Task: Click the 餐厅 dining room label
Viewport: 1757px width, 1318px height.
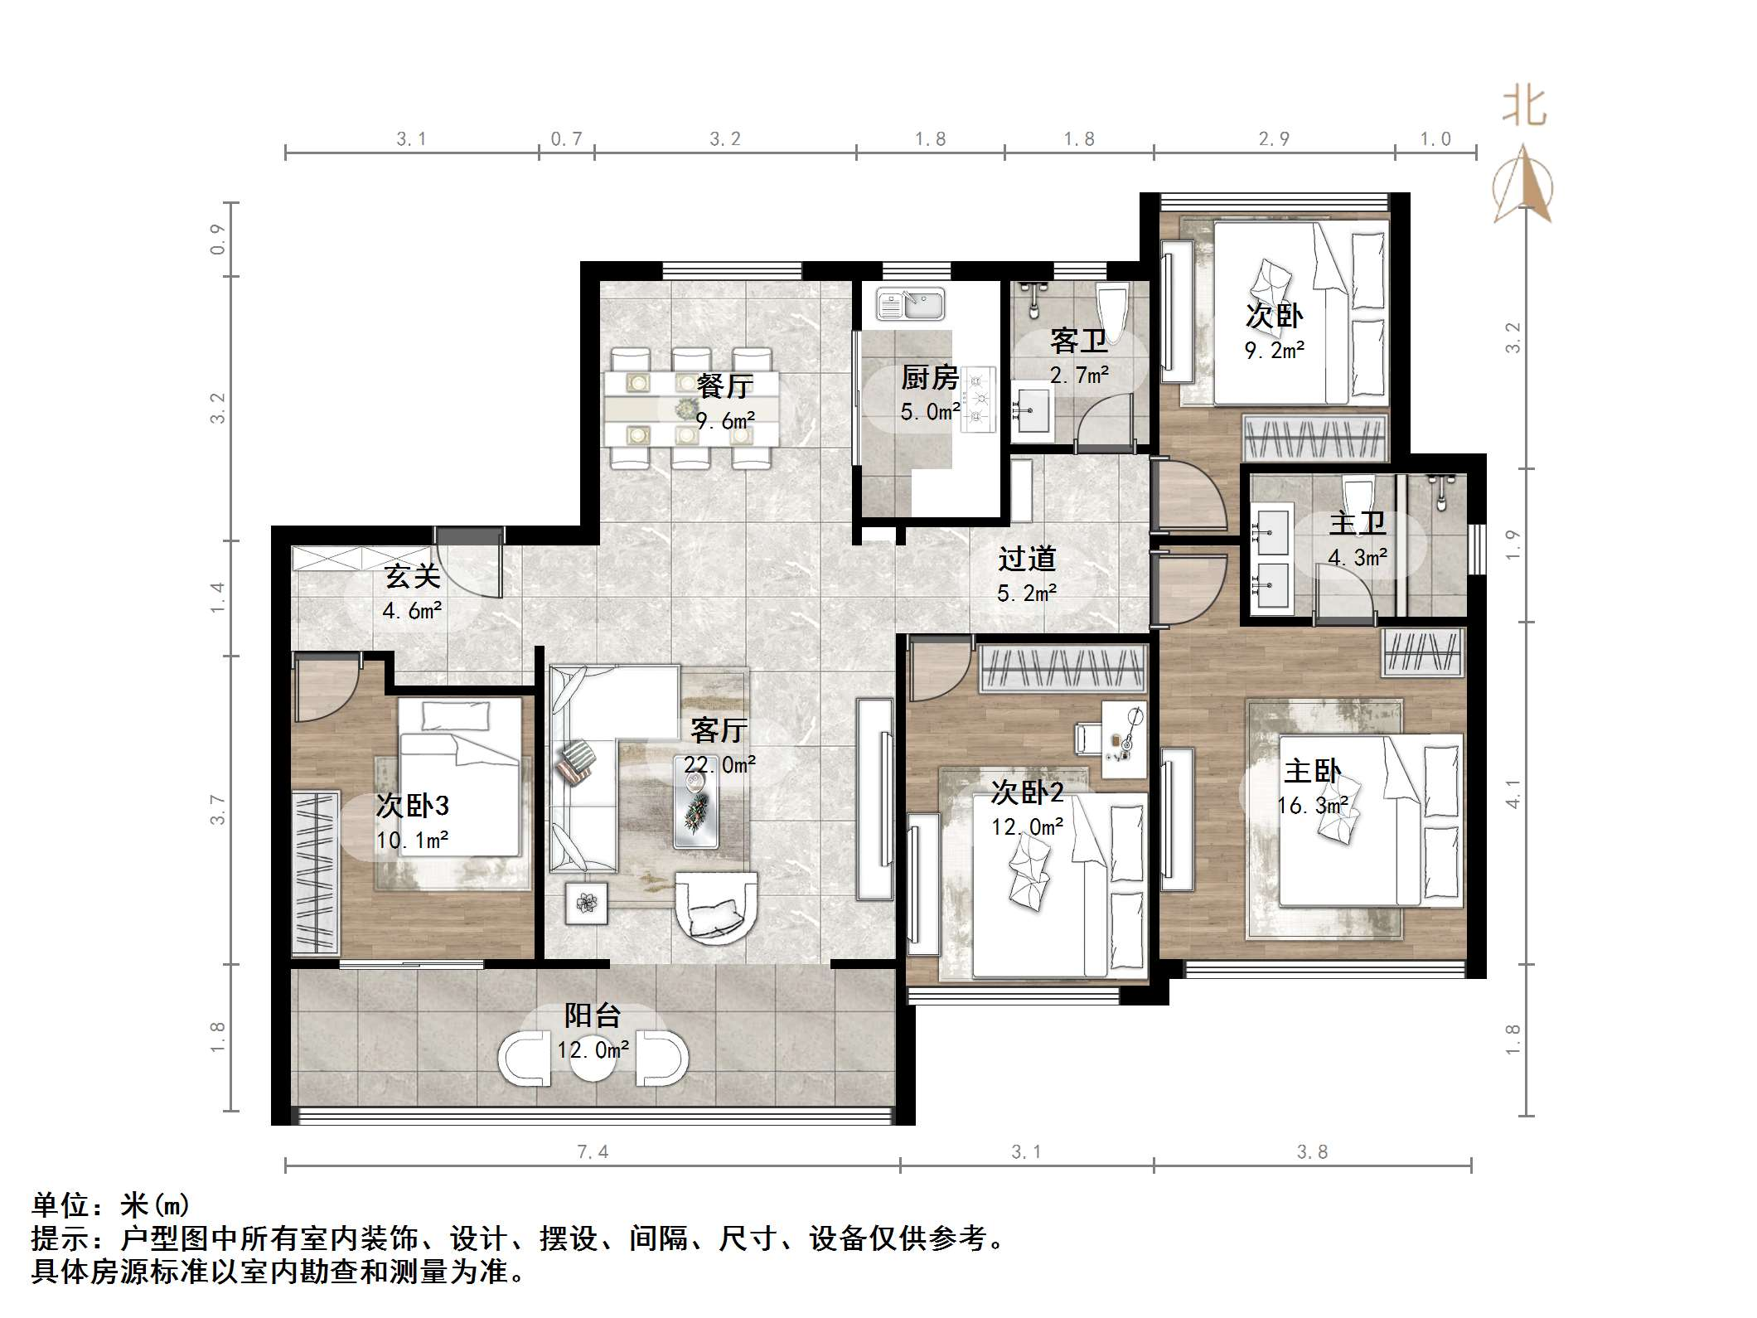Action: [724, 385]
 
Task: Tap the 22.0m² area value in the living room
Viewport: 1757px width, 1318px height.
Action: [719, 764]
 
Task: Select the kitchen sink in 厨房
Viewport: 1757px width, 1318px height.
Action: [910, 304]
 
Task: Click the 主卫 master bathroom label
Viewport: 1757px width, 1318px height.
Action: [1357, 523]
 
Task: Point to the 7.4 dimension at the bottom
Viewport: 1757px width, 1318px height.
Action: [593, 1151]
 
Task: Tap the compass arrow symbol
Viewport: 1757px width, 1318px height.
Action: [1523, 186]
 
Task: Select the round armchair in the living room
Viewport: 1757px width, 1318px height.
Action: [716, 907]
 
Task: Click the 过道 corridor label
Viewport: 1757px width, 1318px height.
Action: [1026, 560]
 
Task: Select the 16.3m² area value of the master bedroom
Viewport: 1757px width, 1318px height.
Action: [1312, 805]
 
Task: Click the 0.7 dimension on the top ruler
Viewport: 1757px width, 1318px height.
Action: [566, 139]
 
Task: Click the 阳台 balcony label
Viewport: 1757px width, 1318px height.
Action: [592, 1016]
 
